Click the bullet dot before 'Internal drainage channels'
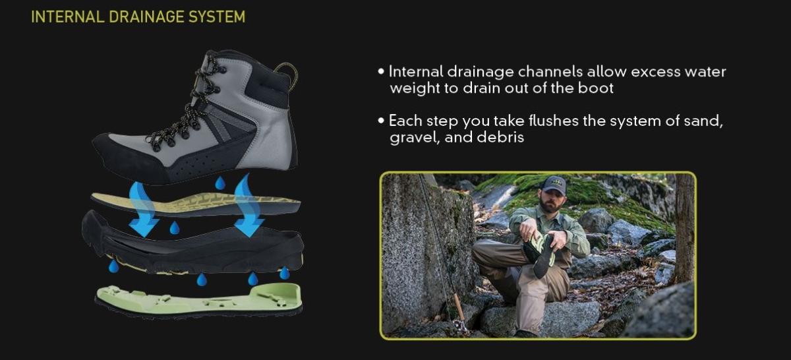(381, 72)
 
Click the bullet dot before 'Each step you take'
(381, 121)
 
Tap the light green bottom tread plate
(199, 299)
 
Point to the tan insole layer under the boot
(196, 204)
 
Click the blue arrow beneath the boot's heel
(249, 206)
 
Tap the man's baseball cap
(554, 185)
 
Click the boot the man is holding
(541, 252)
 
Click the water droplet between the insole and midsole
(175, 227)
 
